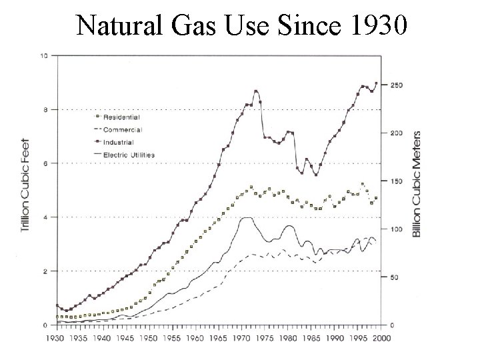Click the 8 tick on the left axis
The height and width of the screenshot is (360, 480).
point(45,109)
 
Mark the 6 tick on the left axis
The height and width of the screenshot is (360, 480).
point(45,163)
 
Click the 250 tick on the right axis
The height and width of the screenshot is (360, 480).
point(396,85)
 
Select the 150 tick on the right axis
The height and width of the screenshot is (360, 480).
point(396,181)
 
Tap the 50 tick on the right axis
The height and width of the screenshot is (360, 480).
point(395,277)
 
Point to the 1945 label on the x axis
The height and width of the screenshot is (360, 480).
point(125,338)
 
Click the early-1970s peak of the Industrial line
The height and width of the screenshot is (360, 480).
point(256,91)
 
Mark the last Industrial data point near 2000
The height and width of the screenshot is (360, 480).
point(377,83)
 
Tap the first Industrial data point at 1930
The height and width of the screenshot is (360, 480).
point(57,305)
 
